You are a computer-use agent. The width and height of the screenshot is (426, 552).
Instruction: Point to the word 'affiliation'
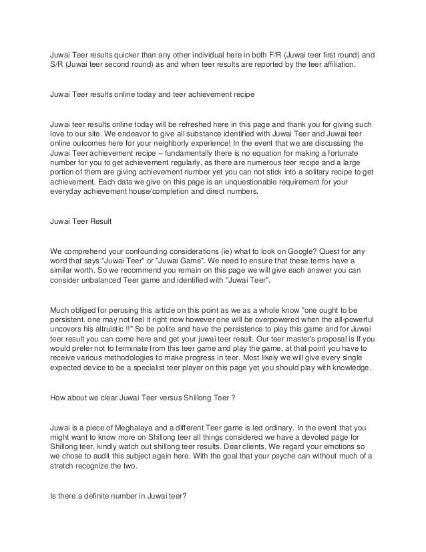(x=337, y=67)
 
